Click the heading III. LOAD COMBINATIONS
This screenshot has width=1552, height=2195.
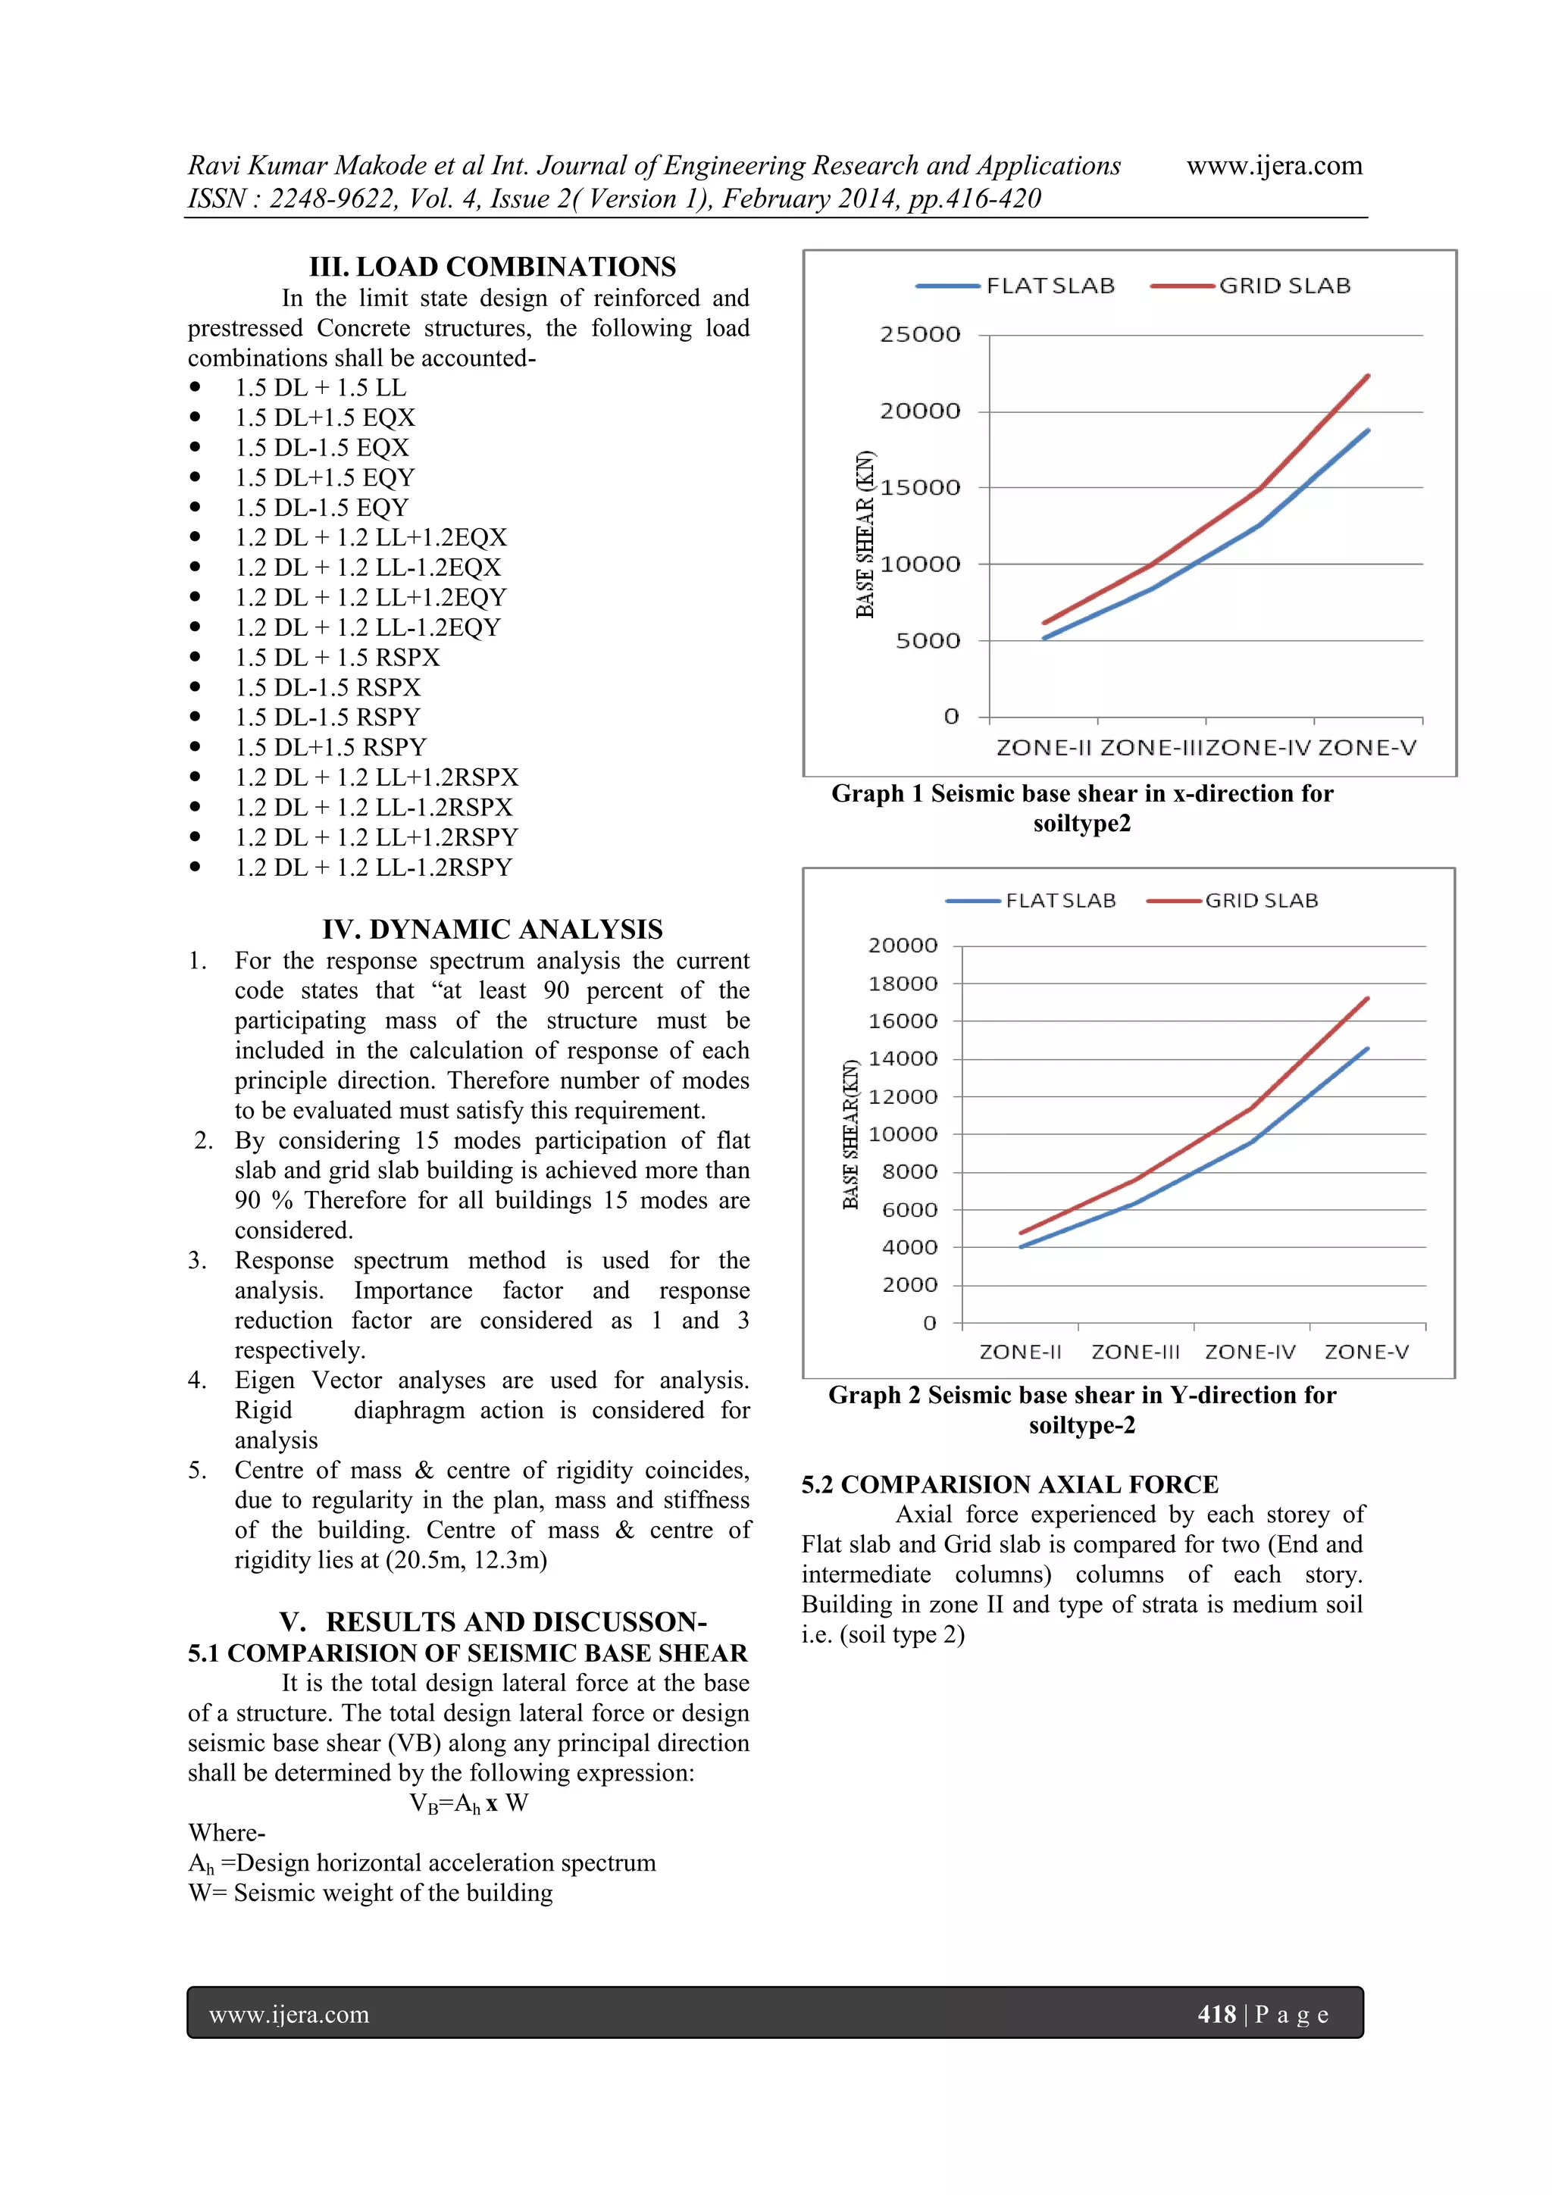click(492, 267)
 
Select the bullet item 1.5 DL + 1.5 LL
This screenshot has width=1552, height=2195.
click(321, 387)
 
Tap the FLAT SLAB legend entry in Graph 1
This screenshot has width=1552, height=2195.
click(1049, 286)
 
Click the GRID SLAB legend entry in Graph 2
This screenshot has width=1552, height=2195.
click(1260, 901)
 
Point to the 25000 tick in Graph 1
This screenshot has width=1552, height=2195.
click(920, 335)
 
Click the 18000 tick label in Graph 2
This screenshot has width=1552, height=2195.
click(903, 983)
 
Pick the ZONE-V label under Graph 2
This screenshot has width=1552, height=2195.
click(1366, 1352)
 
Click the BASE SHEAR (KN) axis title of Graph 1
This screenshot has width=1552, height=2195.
click(865, 533)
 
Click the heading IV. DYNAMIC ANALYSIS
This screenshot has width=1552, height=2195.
click(492, 929)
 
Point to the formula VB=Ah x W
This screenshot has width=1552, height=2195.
click(468, 1803)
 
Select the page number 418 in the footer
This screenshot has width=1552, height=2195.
click(1216, 2015)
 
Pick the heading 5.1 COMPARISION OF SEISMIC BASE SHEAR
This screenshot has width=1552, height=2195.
click(468, 1653)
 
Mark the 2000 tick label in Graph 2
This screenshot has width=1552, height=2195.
click(909, 1284)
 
